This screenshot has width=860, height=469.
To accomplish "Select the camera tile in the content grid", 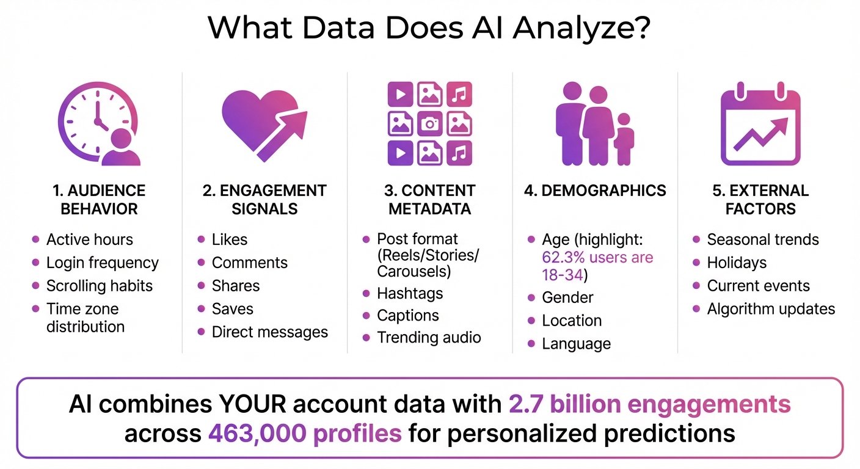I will (x=430, y=124).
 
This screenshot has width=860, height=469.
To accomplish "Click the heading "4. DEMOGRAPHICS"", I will (x=595, y=191).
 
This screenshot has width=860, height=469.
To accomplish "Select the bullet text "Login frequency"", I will (x=102, y=263).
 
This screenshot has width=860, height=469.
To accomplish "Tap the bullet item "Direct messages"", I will (x=269, y=332).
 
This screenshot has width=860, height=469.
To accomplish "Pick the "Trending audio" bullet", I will (x=429, y=338).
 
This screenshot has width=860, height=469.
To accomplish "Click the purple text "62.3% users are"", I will (x=597, y=257).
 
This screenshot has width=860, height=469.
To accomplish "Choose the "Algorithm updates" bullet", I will (x=771, y=309).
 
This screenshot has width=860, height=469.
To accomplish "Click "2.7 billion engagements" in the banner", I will (x=649, y=404).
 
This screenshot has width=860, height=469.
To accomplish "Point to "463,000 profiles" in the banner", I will (x=305, y=433).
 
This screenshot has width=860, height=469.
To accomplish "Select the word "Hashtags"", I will (x=410, y=294).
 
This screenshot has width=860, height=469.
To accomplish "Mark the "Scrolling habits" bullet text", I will (x=99, y=286).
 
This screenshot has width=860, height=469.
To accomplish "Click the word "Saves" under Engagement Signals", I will (x=232, y=309).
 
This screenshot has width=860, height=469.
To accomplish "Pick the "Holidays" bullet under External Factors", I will (x=737, y=263).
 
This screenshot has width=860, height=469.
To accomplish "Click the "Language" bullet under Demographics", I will (x=576, y=344).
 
